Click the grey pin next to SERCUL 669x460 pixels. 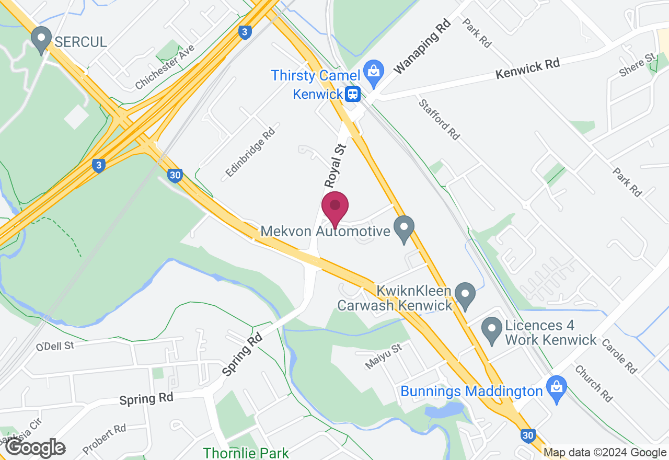(x=41, y=40)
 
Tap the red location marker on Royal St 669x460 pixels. (x=335, y=208)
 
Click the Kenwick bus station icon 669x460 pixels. (x=353, y=94)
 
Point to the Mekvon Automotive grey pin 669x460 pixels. (x=403, y=229)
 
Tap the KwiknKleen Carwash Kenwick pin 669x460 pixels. (x=465, y=295)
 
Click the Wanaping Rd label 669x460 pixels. (x=422, y=48)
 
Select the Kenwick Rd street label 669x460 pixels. (x=527, y=68)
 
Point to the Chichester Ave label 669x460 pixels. (x=165, y=67)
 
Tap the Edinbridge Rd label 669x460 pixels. (x=250, y=152)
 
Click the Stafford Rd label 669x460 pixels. (x=439, y=120)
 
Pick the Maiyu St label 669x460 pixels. (x=383, y=356)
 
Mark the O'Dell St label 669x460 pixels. (x=55, y=346)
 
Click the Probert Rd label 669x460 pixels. (x=105, y=439)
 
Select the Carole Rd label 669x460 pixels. (x=619, y=356)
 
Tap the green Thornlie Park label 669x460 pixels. (x=246, y=453)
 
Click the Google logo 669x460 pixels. (x=35, y=447)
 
